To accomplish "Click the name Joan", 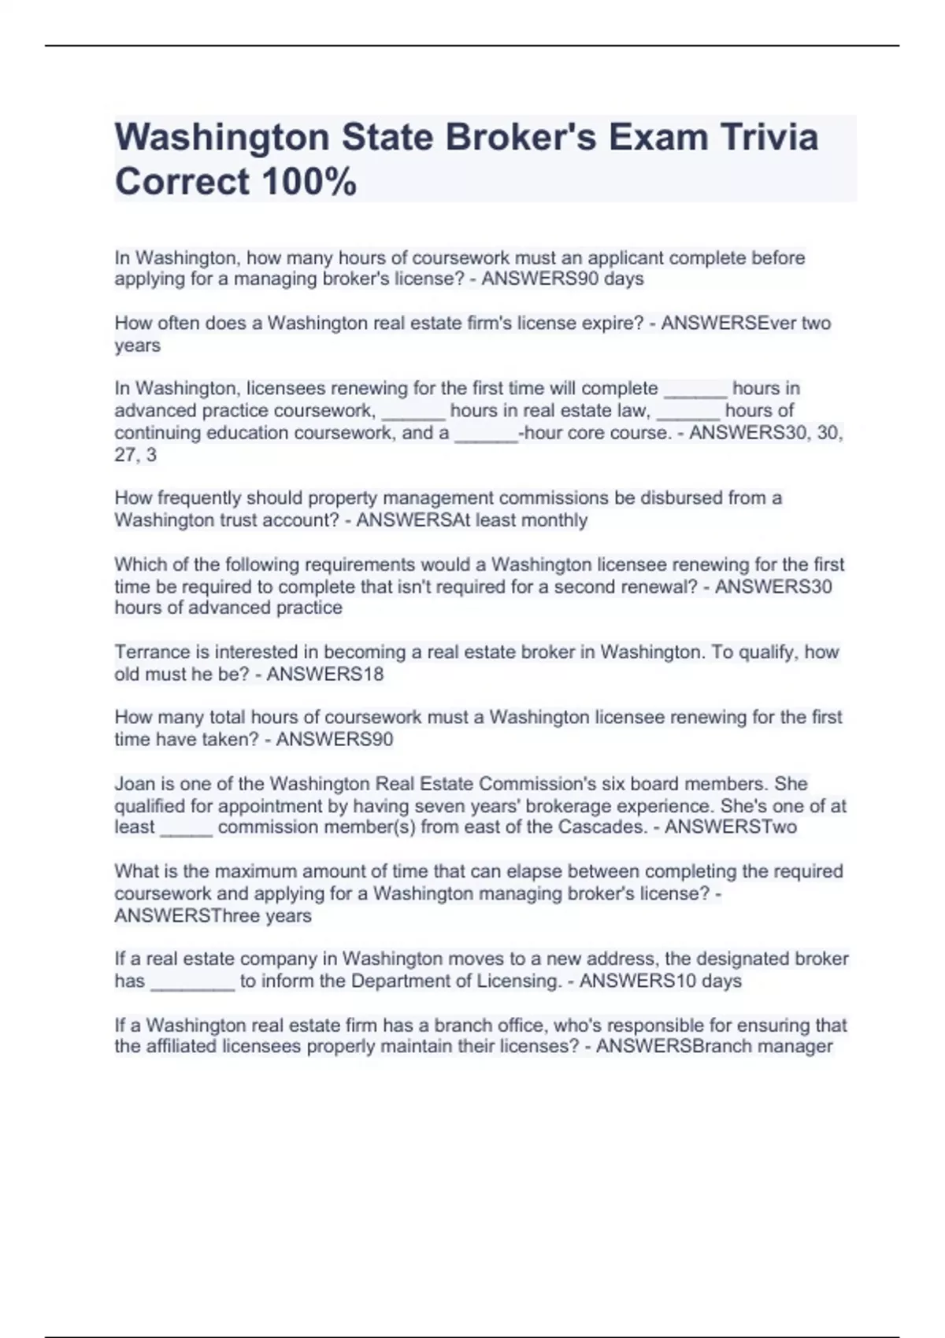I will click(132, 784).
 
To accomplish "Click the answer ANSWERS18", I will click(325, 675).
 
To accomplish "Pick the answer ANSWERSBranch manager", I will click(714, 1047).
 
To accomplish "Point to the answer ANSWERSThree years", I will click(213, 916).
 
